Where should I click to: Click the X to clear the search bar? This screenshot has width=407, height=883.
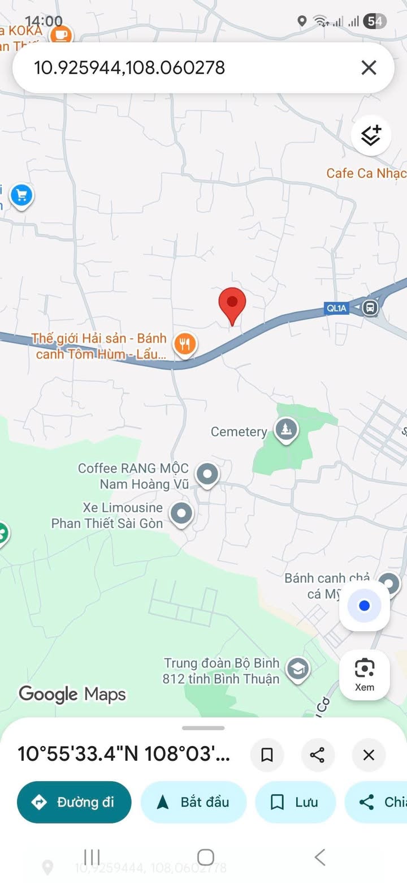[x=369, y=68]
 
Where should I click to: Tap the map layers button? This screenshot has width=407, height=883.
[x=371, y=136]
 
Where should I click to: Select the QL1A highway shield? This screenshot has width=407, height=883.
[x=336, y=308]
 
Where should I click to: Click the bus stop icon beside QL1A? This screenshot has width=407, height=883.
[x=371, y=308]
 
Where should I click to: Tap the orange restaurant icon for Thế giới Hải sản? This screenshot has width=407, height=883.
[x=185, y=343]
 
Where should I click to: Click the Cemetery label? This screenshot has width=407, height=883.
[x=239, y=432]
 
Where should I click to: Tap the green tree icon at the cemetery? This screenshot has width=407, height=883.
[x=286, y=430]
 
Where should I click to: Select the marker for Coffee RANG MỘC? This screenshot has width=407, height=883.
[x=207, y=473]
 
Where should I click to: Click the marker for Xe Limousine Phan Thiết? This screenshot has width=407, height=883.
[x=181, y=514]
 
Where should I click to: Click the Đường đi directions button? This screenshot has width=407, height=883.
[x=74, y=802]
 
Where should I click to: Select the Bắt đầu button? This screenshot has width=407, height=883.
[x=193, y=802]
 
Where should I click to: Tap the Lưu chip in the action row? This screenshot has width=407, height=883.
[x=295, y=802]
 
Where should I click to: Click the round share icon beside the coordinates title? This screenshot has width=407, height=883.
[x=318, y=755]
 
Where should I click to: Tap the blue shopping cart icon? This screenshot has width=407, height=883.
[x=21, y=196]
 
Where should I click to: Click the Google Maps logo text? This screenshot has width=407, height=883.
[x=72, y=694]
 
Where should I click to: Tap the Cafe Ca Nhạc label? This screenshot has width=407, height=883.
[x=366, y=173]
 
